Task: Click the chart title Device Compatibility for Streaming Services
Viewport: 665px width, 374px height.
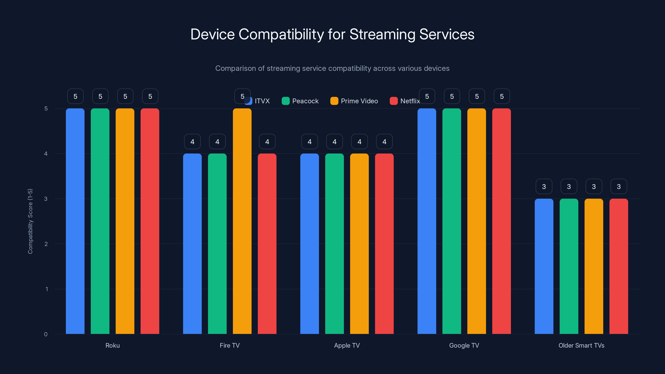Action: coord(332,34)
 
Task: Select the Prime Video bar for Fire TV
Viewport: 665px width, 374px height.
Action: coord(242,222)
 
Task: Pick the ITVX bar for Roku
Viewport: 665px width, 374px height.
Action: coord(75,222)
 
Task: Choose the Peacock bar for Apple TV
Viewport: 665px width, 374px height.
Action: coord(334,244)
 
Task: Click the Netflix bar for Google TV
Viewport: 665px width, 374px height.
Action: coord(501,222)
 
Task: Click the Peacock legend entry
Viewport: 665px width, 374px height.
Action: coord(300,101)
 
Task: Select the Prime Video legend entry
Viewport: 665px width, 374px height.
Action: coord(354,101)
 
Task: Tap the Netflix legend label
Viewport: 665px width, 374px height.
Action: coord(410,101)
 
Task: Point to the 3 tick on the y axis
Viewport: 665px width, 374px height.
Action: coord(46,199)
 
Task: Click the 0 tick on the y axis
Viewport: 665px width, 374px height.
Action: coord(46,334)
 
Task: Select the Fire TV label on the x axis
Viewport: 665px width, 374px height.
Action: coord(229,345)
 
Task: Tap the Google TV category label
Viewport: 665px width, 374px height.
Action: coord(464,345)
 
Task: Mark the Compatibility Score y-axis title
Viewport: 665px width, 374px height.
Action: coord(30,221)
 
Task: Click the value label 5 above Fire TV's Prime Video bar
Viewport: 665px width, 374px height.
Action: coord(242,96)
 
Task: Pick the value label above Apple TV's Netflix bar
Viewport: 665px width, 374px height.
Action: coord(384,141)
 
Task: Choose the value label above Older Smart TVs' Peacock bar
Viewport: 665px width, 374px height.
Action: coord(569,186)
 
